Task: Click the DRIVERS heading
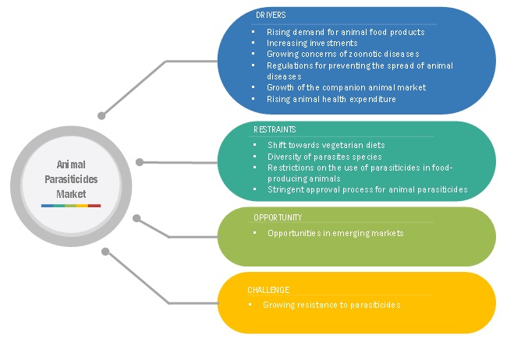(270, 16)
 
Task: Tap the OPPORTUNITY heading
(277, 217)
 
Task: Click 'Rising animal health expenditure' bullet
(331, 99)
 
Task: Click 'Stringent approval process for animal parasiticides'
(367, 189)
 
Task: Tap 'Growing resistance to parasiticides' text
(332, 305)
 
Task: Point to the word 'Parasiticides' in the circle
(71, 178)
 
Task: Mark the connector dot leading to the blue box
(101, 116)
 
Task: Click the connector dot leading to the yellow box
(106, 252)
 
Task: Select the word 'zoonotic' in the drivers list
(357, 55)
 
